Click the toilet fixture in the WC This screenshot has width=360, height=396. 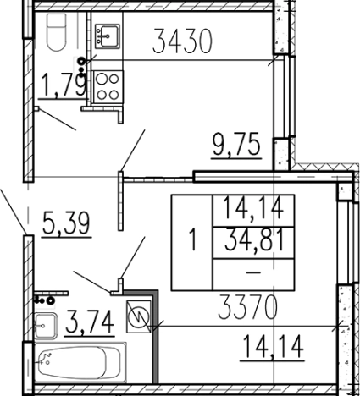point(56,32)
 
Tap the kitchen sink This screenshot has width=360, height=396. point(108,36)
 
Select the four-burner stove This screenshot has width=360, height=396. point(108,87)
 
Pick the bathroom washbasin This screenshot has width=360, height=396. point(45,326)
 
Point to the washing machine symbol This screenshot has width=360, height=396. point(138,316)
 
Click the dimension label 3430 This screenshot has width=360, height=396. point(182,41)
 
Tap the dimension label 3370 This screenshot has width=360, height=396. point(248,307)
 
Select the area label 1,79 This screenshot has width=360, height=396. point(64,84)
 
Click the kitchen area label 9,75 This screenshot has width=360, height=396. point(236,145)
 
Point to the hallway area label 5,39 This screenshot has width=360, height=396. point(66,223)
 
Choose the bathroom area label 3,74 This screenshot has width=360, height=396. point(90,322)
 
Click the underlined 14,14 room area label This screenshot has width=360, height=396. point(273,346)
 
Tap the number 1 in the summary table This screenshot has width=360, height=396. point(193,239)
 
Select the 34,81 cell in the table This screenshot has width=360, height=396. point(254,240)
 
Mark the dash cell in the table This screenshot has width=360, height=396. point(253,272)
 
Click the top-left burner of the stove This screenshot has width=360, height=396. point(101,79)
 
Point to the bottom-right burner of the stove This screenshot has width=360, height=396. point(114,95)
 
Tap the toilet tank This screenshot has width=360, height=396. point(56,19)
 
